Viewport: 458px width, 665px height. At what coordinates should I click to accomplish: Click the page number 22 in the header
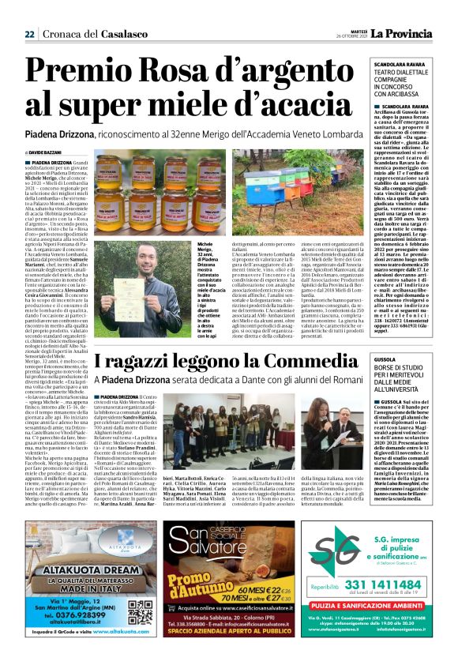[x=29, y=34]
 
